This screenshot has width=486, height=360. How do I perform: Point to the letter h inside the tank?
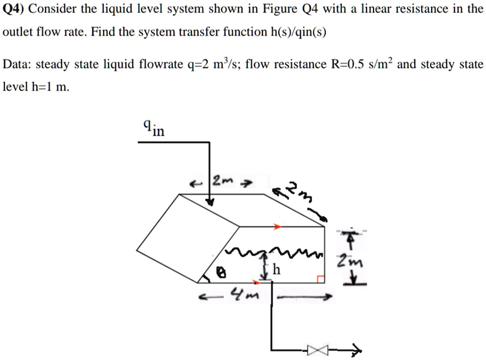pos(277,271)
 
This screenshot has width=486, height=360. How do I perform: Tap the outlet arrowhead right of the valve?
pos(357,349)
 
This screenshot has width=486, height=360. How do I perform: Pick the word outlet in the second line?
pos(18,32)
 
